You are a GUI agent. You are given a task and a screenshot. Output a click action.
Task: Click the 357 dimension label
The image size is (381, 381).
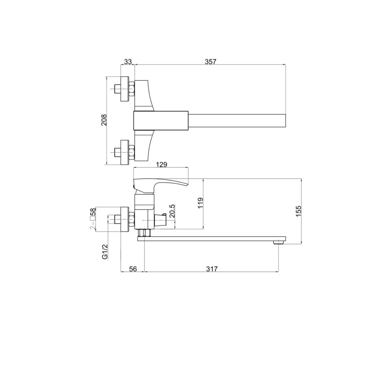211,62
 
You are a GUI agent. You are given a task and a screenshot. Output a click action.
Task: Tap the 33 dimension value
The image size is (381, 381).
128,62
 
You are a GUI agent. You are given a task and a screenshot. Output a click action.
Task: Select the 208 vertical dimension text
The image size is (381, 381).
104,120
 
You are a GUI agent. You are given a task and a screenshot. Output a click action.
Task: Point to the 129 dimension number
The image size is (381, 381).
162,164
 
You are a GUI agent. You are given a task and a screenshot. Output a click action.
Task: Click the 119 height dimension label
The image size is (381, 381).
200,203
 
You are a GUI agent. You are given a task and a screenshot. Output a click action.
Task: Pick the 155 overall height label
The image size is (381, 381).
298,211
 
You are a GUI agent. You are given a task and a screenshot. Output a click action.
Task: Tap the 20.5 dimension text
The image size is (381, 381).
172,211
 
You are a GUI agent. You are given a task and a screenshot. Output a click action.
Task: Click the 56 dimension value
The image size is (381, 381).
133,269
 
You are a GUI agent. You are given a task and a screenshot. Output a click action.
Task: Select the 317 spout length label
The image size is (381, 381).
212,269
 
